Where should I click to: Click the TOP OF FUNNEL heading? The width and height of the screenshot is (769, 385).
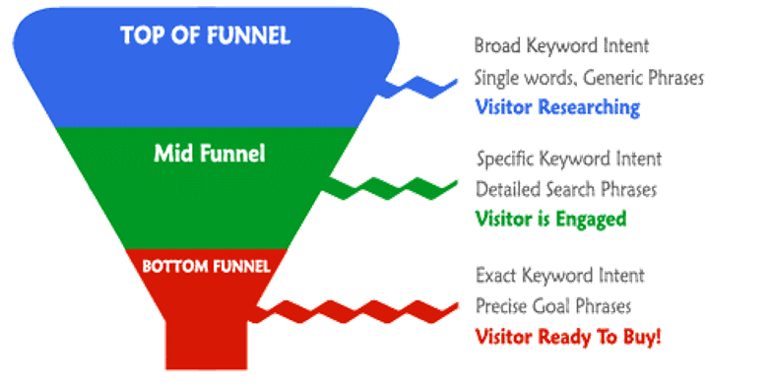pyautogui.click(x=205, y=36)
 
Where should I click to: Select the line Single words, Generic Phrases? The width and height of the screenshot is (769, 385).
pyautogui.click(x=588, y=77)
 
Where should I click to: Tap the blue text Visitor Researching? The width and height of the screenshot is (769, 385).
pyautogui.click(x=557, y=107)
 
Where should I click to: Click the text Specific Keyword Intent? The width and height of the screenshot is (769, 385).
pyautogui.click(x=568, y=158)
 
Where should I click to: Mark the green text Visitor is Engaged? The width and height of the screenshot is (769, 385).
pyautogui.click(x=549, y=219)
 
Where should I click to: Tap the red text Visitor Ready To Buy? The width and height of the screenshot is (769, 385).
pyautogui.click(x=568, y=336)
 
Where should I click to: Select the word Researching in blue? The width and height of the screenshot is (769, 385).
pyautogui.click(x=589, y=107)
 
